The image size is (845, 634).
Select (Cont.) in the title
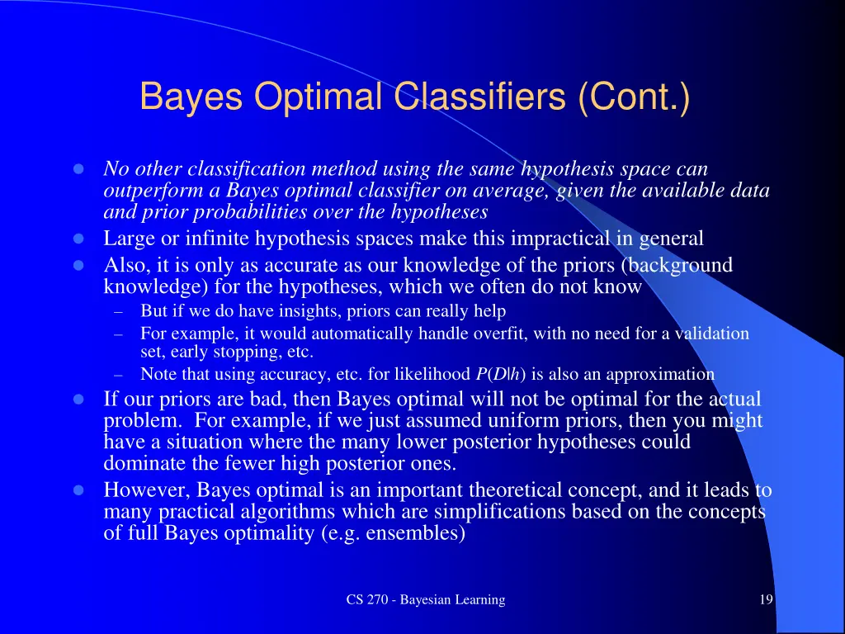(x=634, y=97)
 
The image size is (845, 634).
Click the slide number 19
(x=766, y=600)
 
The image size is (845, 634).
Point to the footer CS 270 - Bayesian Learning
(x=425, y=600)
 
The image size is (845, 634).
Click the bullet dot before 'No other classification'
(x=79, y=169)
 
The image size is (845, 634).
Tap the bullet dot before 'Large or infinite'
(x=79, y=239)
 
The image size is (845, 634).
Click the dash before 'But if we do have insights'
(x=119, y=312)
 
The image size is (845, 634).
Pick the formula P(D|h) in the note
(x=500, y=374)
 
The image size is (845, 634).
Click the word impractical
(x=561, y=239)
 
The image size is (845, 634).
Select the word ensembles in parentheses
(x=417, y=533)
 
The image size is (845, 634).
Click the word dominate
(x=142, y=463)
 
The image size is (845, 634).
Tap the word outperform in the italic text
(x=147, y=191)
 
